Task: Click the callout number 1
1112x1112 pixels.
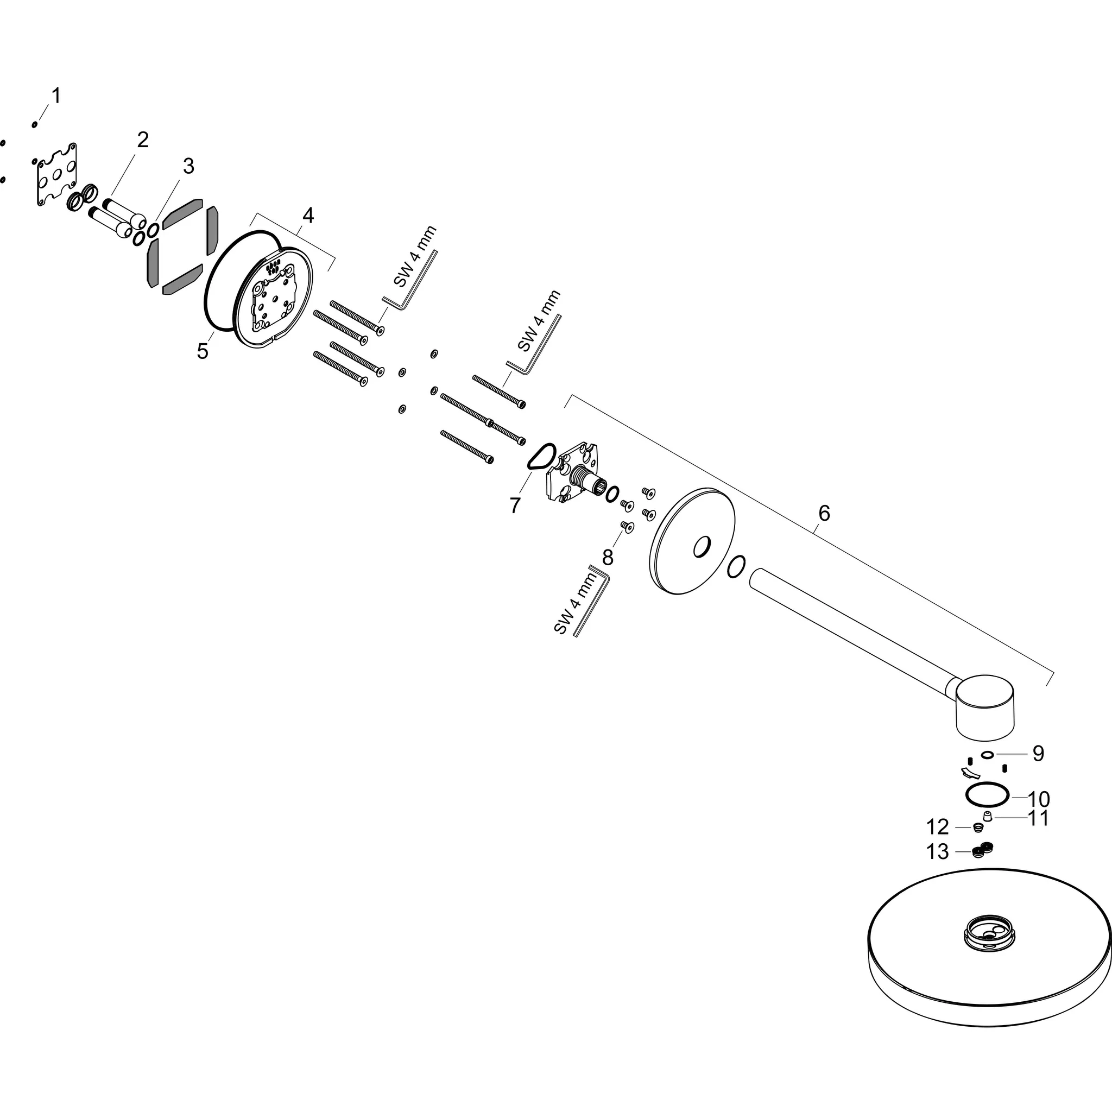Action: coord(56,96)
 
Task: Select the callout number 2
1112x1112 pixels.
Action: coord(143,140)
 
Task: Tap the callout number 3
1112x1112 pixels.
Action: coord(189,166)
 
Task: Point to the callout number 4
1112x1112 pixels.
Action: coord(308,216)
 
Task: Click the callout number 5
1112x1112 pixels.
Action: coord(203,351)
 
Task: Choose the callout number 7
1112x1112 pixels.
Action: coord(515,506)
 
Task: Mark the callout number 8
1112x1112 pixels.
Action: coord(608,557)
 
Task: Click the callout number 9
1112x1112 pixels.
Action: coord(1038,754)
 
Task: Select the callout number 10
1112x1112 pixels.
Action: coord(1039,799)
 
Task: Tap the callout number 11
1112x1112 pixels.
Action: coord(1038,818)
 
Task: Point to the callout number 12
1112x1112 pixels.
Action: coord(938,827)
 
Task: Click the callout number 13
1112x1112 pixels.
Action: coord(938,852)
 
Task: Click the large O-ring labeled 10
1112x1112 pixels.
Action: coord(988,795)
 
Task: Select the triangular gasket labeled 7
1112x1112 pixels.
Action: coord(541,457)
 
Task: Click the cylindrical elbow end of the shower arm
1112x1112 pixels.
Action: coord(985,706)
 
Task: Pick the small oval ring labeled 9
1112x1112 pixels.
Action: coord(987,755)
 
